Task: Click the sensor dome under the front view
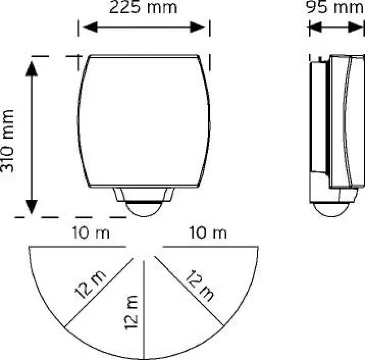coord(144,209)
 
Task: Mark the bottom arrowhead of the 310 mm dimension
coord(31,207)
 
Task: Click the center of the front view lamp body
coord(144,121)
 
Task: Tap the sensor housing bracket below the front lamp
coord(144,194)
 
